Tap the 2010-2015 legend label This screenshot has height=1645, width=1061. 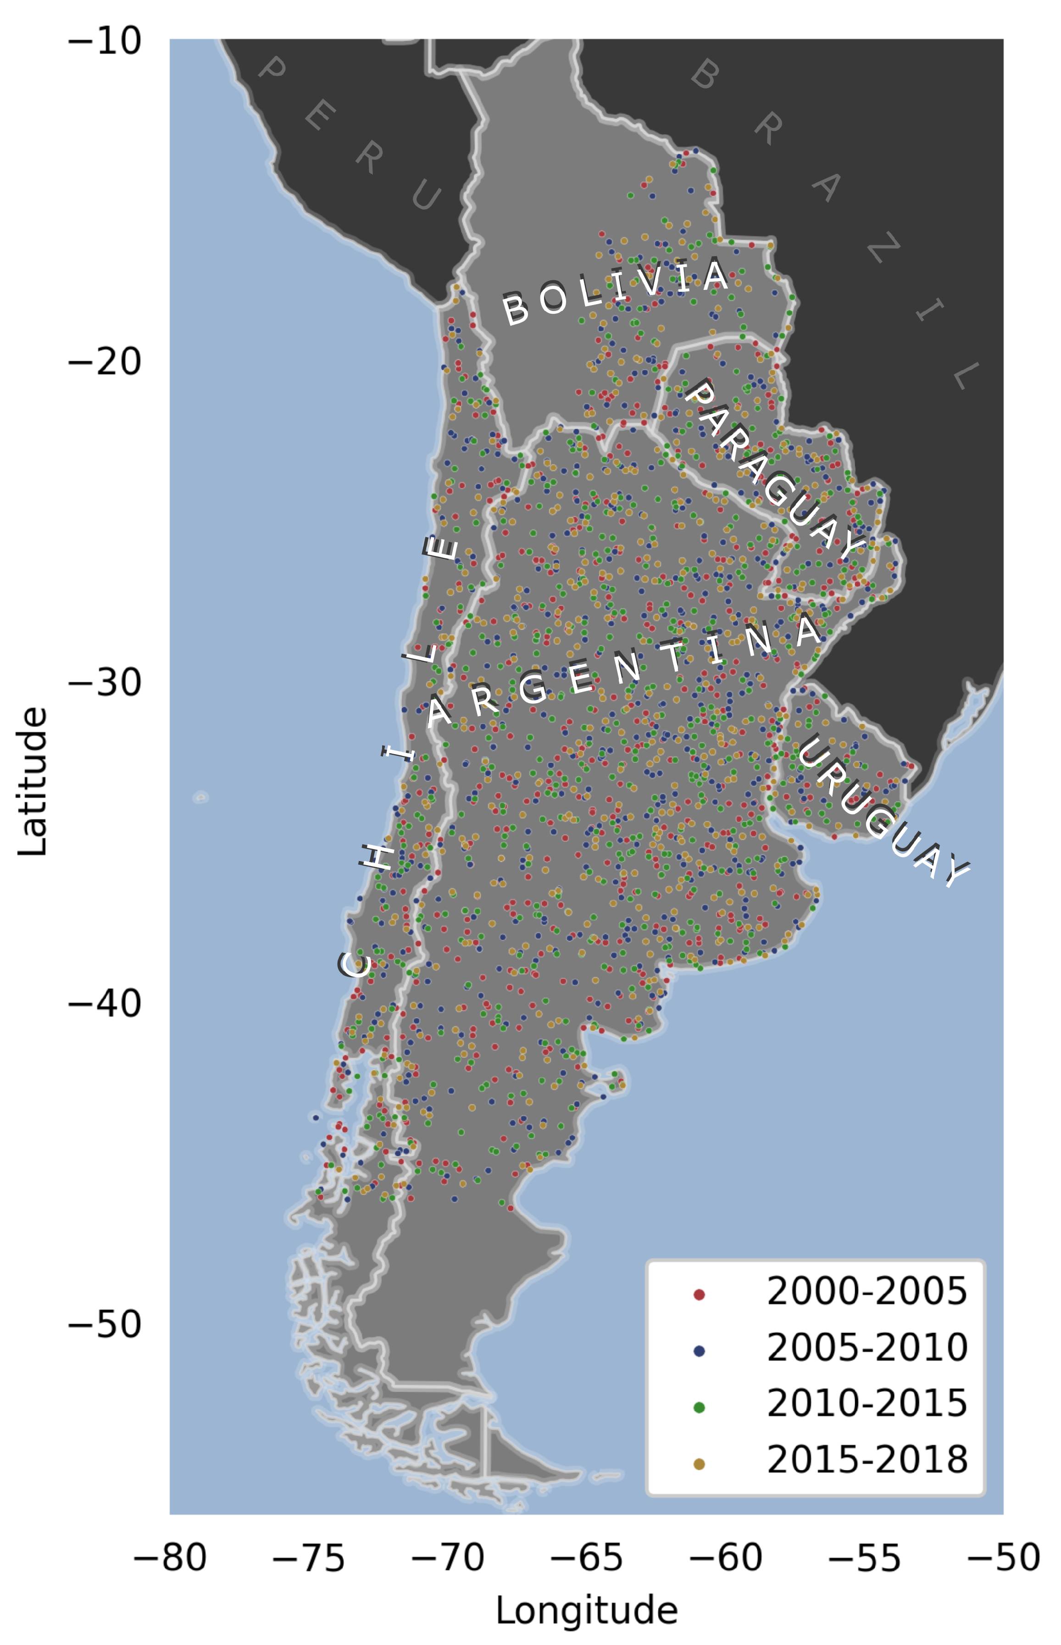point(867,1403)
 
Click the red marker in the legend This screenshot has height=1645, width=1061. point(699,1295)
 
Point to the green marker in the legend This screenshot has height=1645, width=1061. point(699,1408)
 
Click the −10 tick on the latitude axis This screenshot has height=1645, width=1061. point(105,41)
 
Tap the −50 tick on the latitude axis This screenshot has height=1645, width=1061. point(105,1323)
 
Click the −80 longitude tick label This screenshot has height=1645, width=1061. point(169,1556)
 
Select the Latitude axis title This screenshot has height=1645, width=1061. point(33,782)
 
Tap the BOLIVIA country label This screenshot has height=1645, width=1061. point(615,291)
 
